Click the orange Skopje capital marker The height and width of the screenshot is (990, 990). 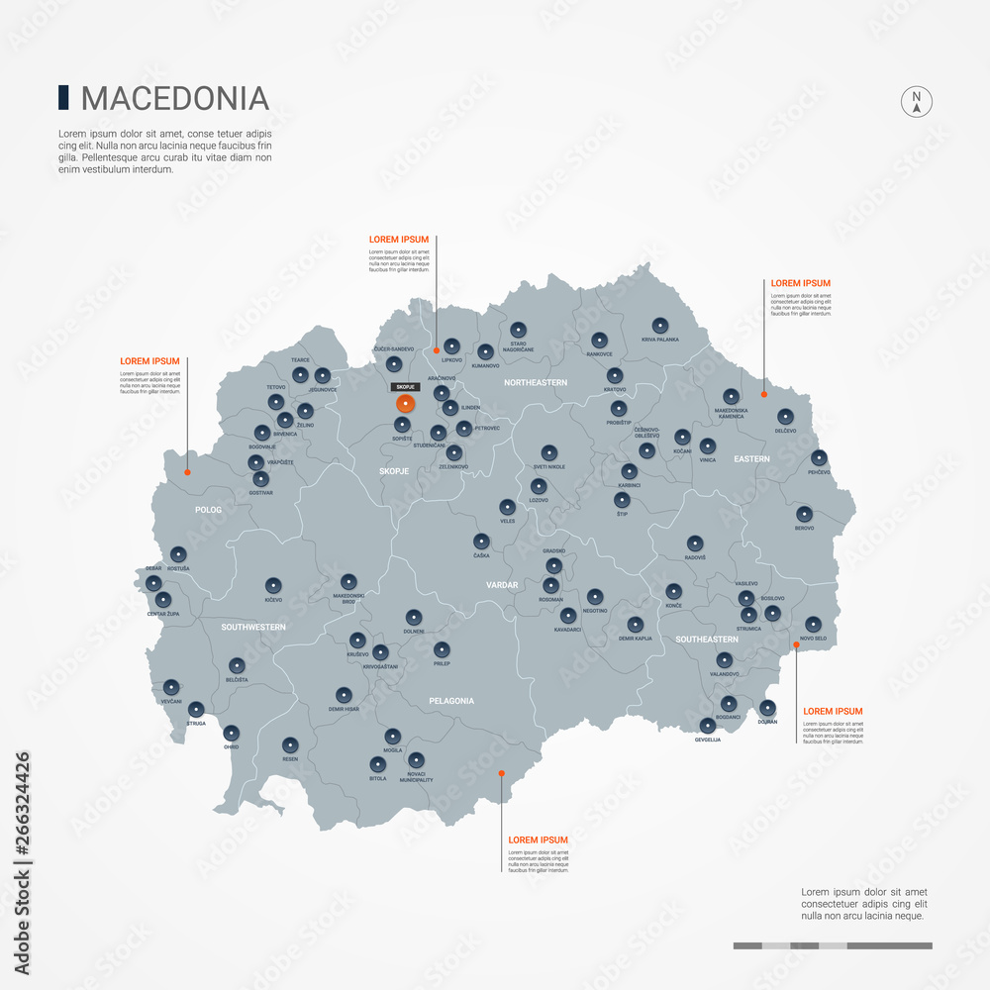coord(405,403)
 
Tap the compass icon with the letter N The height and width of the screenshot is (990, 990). coord(917,101)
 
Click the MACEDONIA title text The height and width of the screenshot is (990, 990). coord(174,98)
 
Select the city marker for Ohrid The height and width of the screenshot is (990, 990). coord(232,734)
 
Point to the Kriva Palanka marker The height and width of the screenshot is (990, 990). coord(660,325)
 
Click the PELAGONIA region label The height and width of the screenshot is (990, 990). coord(451,701)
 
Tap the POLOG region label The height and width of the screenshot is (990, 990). coord(209,510)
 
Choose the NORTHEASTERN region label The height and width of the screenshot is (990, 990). coord(536,382)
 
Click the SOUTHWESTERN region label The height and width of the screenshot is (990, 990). coord(253,627)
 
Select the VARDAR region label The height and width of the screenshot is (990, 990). coord(502,585)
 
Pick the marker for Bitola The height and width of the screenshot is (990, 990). coord(377,764)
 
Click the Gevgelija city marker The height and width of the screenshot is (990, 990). coord(708,726)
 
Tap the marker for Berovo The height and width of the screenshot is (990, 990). coord(804,514)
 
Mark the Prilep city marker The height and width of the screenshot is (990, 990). coord(442,649)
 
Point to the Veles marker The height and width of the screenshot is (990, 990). coord(508,507)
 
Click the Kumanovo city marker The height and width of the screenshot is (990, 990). coord(485,351)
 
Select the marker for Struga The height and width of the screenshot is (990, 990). coord(196,709)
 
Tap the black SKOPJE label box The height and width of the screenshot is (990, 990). coord(405,387)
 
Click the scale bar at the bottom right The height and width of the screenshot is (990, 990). coord(832,945)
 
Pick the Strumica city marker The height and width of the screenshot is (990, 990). coord(748,614)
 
